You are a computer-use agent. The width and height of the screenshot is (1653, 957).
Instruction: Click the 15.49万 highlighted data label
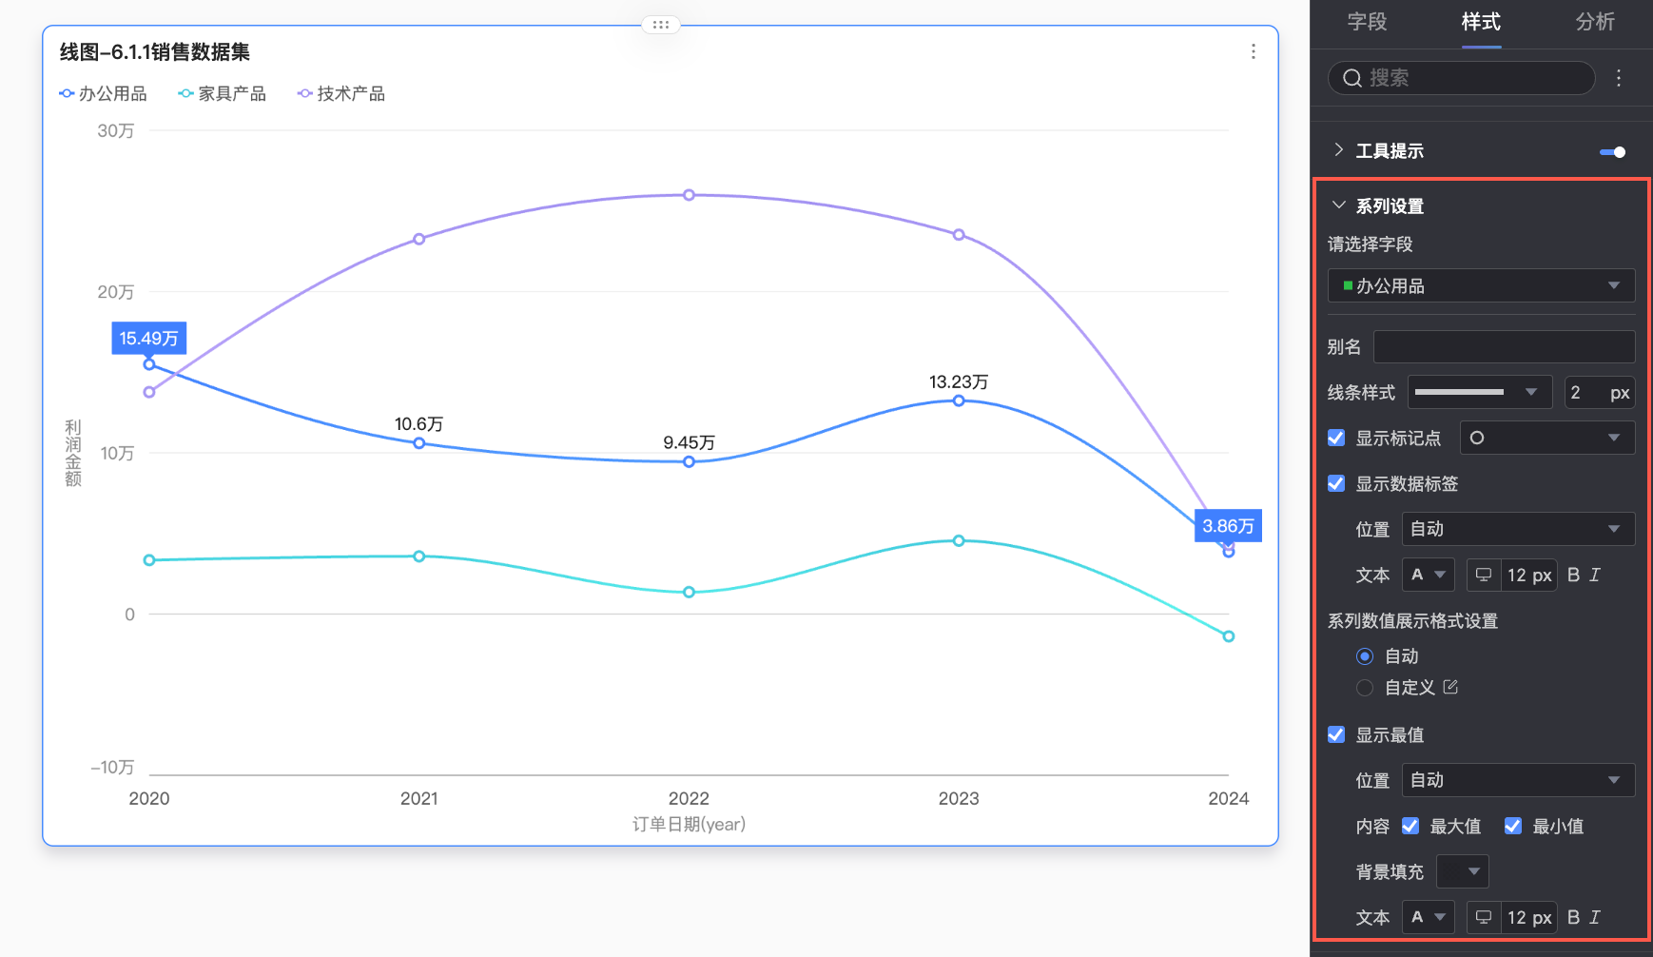[148, 339]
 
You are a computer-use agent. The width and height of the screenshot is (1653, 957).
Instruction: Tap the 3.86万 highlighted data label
[1228, 526]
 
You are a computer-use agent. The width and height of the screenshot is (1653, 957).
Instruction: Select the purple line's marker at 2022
[689, 195]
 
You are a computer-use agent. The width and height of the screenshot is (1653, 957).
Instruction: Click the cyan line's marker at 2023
[959, 540]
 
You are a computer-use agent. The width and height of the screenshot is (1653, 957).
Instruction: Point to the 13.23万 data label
[959, 382]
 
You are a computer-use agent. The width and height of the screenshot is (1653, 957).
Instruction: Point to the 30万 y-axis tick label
[116, 131]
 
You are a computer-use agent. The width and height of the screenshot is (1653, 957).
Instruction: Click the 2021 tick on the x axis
[418, 799]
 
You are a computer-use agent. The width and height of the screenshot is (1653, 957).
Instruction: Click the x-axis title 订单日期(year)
[689, 825]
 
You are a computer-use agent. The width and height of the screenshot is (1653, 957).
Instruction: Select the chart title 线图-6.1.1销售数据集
[155, 52]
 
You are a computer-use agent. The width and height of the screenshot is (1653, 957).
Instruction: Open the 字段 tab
[1367, 22]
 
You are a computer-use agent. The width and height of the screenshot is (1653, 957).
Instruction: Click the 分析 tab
[1595, 22]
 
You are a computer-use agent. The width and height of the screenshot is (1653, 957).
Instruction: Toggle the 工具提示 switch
[1613, 152]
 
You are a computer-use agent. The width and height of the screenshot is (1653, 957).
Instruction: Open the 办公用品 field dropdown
[1481, 286]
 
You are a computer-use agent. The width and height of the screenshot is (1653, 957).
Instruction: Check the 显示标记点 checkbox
[1336, 438]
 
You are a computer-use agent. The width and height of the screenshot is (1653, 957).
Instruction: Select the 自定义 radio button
[1365, 688]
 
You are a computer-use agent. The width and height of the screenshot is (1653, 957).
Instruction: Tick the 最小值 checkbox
[1513, 826]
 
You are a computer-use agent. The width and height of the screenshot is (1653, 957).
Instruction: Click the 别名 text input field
[1504, 347]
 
